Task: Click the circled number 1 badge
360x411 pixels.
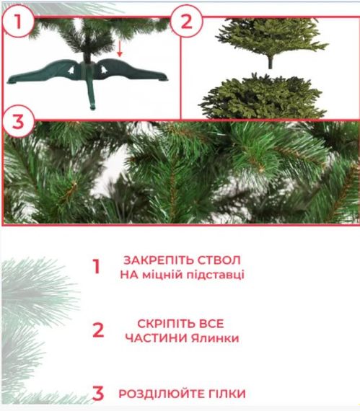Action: point(18,21)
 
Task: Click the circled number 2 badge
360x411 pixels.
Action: point(186,21)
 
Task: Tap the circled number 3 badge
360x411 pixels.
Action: point(18,121)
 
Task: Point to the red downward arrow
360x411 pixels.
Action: point(120,48)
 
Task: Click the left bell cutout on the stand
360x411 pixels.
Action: point(71,70)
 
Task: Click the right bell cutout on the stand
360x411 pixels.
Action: point(104,69)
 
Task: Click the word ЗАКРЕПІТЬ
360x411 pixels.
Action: point(159,260)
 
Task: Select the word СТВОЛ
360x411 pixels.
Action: point(219,260)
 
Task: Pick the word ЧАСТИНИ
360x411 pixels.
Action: point(156,338)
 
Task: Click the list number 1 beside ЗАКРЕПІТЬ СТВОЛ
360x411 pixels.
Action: point(97,267)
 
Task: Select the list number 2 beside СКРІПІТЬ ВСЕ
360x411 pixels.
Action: point(98,330)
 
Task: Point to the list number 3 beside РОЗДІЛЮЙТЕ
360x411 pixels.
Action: point(98,393)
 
